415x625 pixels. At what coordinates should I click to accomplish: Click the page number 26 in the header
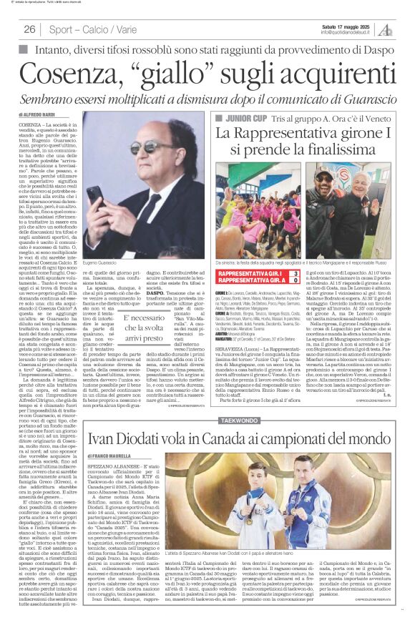[x=30, y=29]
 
